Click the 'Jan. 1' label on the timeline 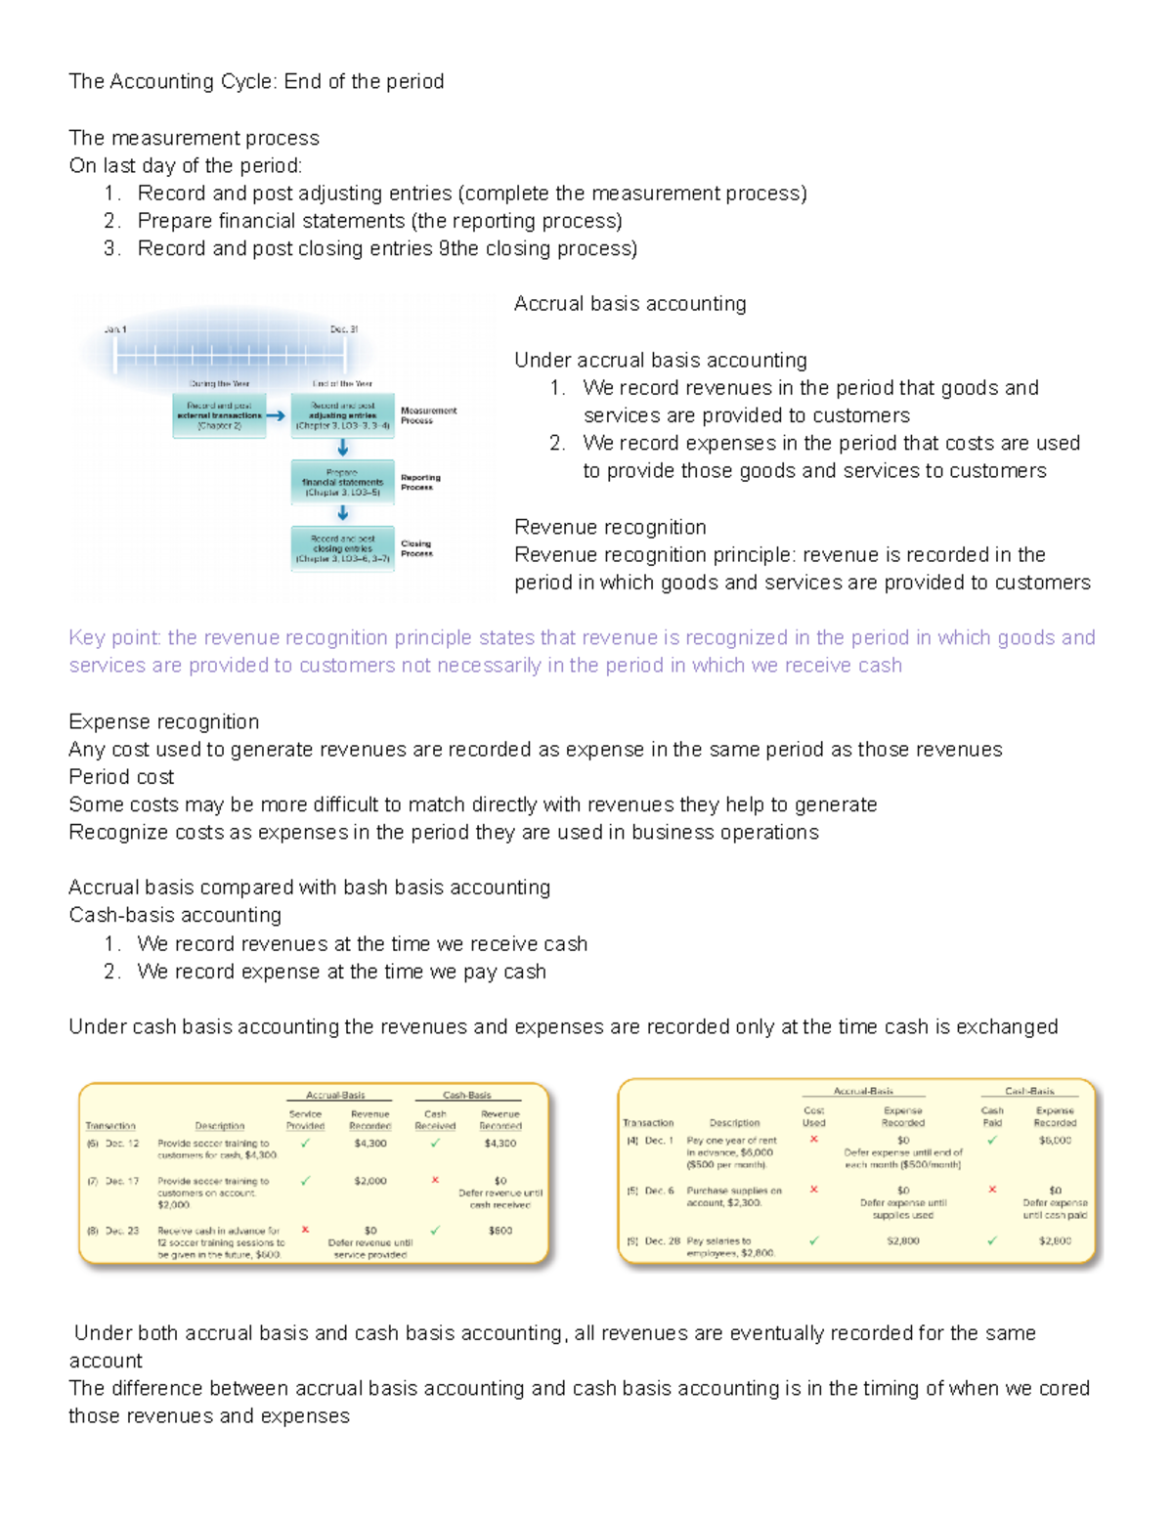click(x=115, y=329)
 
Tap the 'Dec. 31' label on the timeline click(x=344, y=329)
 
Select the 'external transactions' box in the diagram click(x=219, y=415)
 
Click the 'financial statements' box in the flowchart click(x=342, y=483)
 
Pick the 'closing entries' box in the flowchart click(x=342, y=548)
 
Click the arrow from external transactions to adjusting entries click(x=277, y=415)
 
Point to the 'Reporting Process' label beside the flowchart click(x=420, y=482)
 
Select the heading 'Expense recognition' click(x=164, y=721)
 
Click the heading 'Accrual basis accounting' click(x=630, y=303)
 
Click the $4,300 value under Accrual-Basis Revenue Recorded click(x=370, y=1143)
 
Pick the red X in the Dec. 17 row click(x=435, y=1180)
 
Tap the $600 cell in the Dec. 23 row click(x=500, y=1231)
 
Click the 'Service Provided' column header click(x=305, y=1119)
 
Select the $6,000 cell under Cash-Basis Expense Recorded click(x=1055, y=1140)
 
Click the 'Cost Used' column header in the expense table click(x=813, y=1116)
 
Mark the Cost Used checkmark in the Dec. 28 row click(x=813, y=1240)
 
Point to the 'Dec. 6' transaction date click(x=659, y=1191)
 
